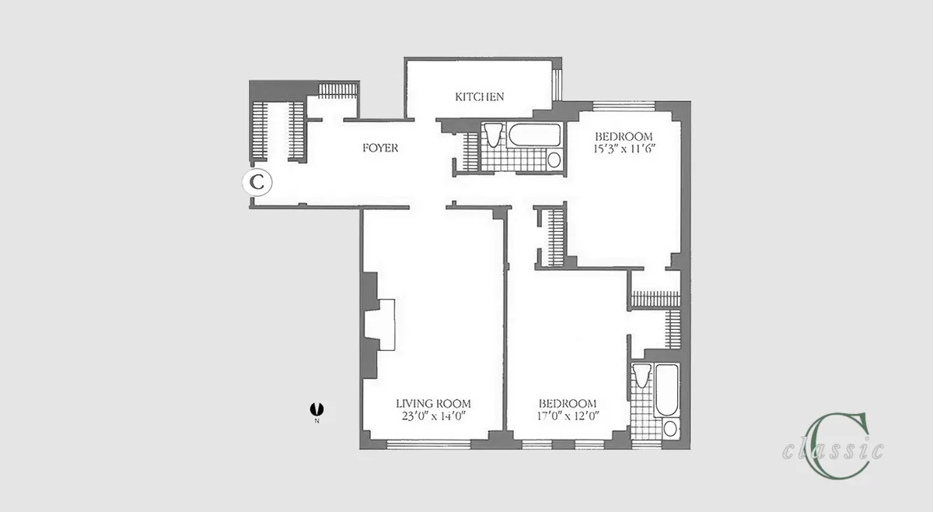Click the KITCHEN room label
tap(480, 97)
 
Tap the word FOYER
tap(380, 148)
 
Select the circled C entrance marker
tap(258, 183)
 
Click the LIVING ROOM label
tap(433, 404)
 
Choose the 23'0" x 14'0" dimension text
tap(433, 416)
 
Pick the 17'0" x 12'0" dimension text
tap(568, 416)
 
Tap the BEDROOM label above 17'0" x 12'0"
tap(568, 404)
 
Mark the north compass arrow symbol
tap(316, 408)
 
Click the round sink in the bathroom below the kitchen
tap(554, 160)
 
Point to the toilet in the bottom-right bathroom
tap(641, 377)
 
